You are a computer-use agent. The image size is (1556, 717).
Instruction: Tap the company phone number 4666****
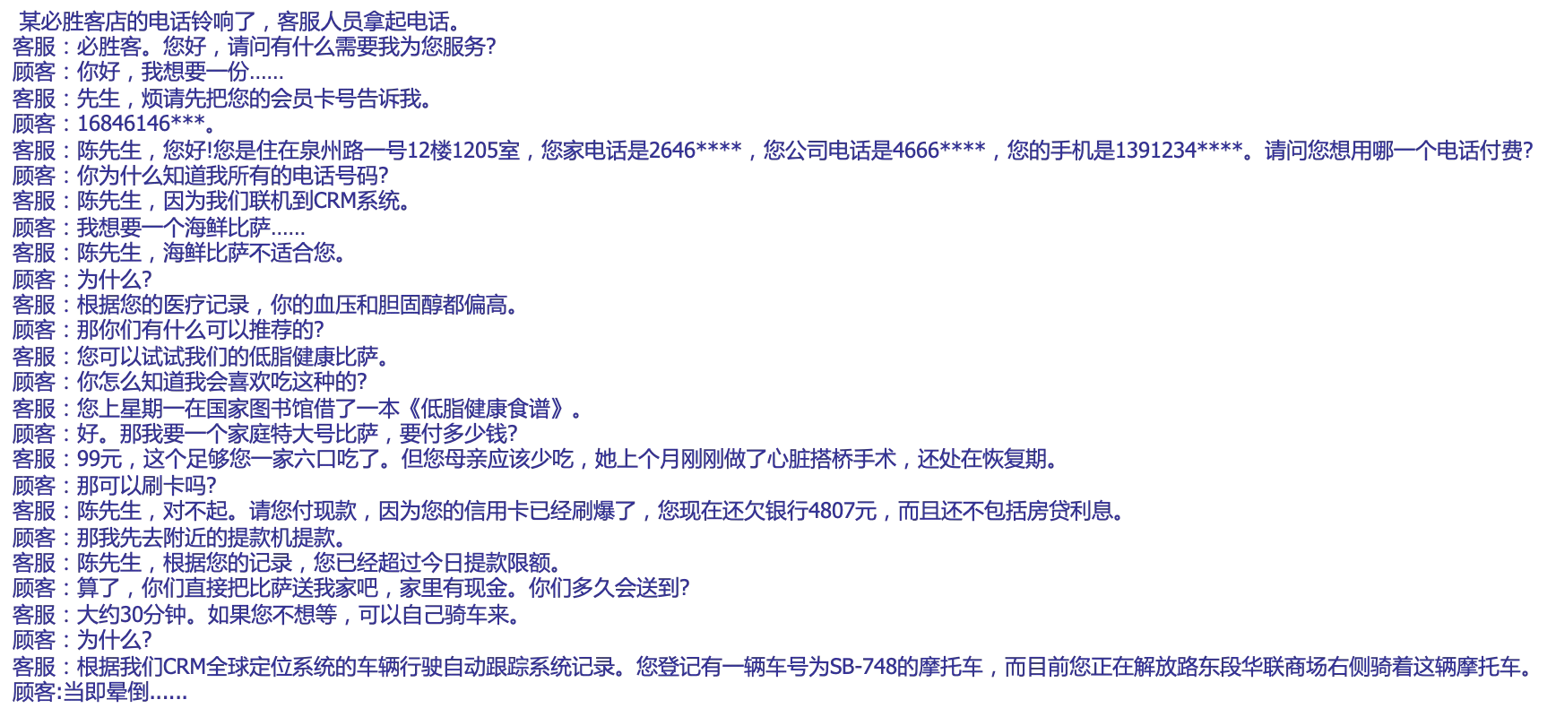tap(938, 150)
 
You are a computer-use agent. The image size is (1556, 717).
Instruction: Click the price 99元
tap(99, 460)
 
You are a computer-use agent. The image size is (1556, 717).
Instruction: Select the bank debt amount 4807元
tap(842, 512)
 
